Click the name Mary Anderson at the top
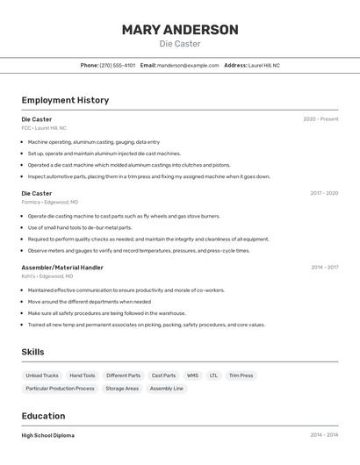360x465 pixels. pos(180,30)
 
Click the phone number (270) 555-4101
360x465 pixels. pos(117,66)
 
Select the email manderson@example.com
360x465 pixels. pos(188,66)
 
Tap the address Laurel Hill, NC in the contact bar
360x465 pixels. pos(263,66)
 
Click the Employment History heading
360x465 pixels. pos(65,100)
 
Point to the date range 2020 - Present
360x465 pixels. pos(320,119)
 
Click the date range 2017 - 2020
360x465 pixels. pos(324,193)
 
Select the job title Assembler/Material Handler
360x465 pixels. pos(62,268)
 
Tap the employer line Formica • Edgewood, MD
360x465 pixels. pos(50,202)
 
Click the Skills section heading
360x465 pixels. pos(33,352)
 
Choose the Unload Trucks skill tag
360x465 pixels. pos(42,376)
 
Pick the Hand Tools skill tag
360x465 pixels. pos(83,376)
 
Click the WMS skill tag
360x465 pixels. pos(192,376)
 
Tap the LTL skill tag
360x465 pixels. pos(213,376)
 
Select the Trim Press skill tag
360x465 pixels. pos(241,376)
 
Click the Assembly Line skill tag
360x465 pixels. pos(167,389)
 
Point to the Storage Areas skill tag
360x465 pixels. pos(122,389)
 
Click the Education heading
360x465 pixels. pos(43,416)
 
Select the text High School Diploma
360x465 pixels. pos(48,435)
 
